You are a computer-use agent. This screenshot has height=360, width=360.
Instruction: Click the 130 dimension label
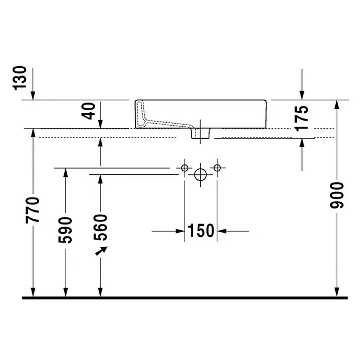click(20, 78)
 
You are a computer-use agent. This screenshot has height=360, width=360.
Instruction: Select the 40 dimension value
click(89, 111)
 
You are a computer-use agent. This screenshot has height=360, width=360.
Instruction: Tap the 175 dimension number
click(302, 118)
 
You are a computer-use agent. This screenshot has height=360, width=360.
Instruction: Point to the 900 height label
click(337, 196)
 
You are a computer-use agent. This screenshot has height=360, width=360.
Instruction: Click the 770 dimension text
click(33, 210)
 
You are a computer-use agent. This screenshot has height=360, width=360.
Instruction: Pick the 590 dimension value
click(65, 230)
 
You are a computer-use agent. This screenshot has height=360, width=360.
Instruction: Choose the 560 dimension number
click(100, 227)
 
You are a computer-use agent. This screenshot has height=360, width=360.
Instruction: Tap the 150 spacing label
click(201, 231)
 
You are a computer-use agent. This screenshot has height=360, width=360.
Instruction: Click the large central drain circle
click(201, 175)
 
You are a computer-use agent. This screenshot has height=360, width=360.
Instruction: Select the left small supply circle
click(185, 168)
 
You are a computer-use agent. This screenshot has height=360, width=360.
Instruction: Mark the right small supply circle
click(217, 168)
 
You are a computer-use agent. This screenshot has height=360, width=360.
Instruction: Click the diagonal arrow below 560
click(101, 251)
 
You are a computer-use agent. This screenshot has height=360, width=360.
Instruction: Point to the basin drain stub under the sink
click(201, 133)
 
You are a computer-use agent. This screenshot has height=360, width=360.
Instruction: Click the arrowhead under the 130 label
click(33, 96)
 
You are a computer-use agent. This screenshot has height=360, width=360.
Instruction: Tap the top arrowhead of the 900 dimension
click(337, 104)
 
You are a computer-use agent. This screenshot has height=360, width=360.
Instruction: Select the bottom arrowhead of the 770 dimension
click(33, 292)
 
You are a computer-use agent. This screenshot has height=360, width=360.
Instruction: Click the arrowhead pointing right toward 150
click(180, 231)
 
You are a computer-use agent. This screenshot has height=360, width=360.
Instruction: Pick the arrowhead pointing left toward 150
click(221, 231)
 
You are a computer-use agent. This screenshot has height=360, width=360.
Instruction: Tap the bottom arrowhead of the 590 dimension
click(66, 292)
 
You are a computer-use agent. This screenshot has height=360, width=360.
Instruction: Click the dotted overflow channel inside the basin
click(161, 122)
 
